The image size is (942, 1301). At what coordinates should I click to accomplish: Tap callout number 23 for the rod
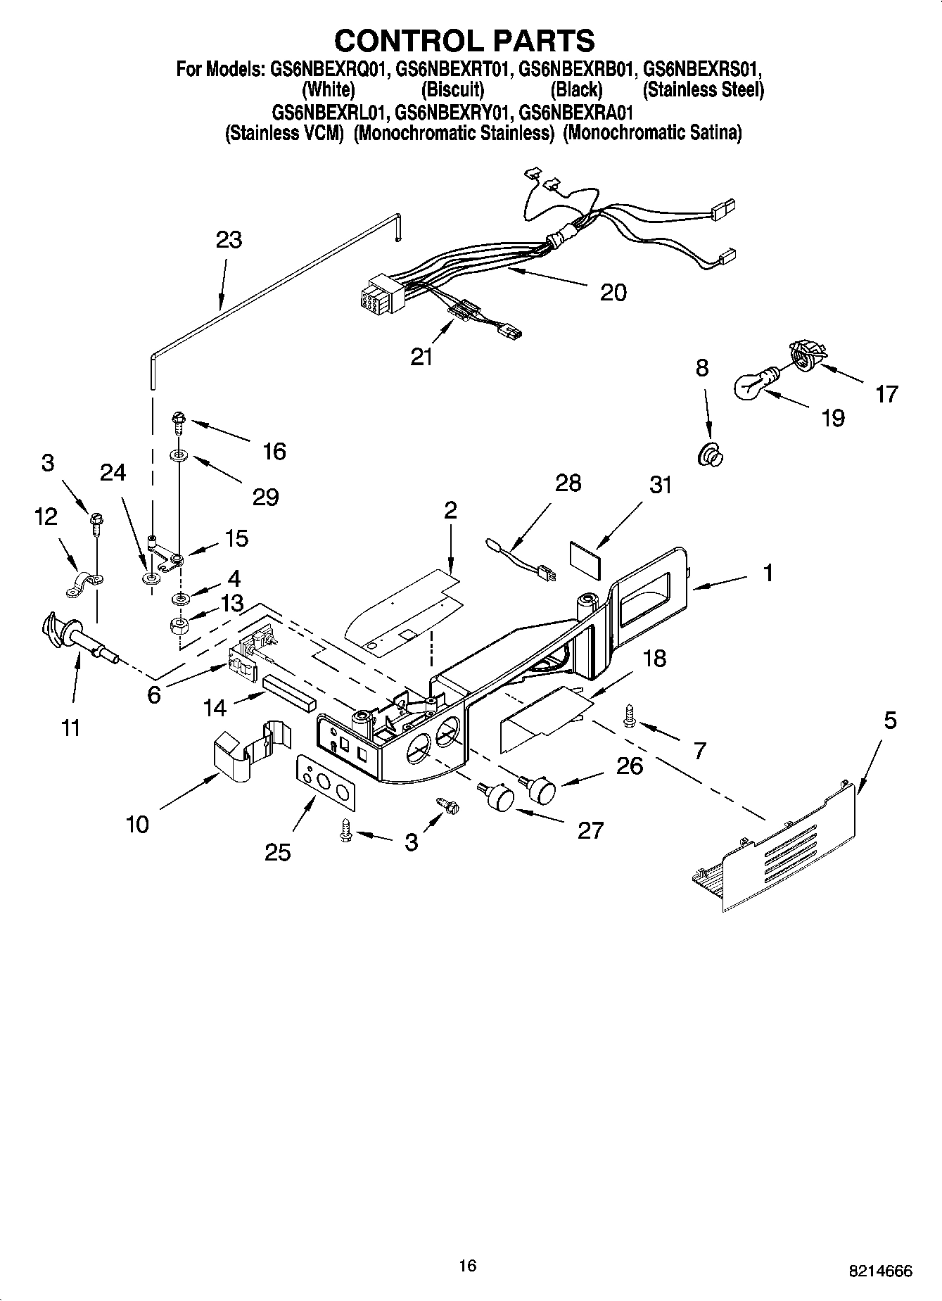point(229,240)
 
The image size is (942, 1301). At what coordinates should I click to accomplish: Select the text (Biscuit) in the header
point(452,90)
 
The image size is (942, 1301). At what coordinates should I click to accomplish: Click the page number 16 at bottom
point(467,1266)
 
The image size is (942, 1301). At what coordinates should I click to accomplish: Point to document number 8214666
point(880,1271)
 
